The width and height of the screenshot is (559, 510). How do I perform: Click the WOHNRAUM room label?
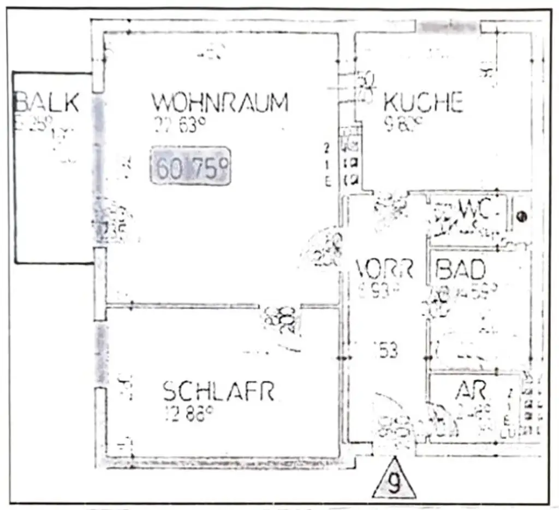219,102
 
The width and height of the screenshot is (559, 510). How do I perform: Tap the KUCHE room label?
423,103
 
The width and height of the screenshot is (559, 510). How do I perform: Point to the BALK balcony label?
46,102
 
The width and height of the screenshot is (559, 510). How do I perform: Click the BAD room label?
461,269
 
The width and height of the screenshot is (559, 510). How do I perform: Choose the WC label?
472,208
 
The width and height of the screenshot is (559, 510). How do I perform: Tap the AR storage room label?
471,390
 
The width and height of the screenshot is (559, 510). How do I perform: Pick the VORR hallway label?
384,269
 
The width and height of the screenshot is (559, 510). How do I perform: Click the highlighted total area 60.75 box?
191,165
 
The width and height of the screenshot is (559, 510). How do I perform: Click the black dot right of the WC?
521,217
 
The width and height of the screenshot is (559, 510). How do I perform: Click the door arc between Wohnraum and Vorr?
322,248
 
